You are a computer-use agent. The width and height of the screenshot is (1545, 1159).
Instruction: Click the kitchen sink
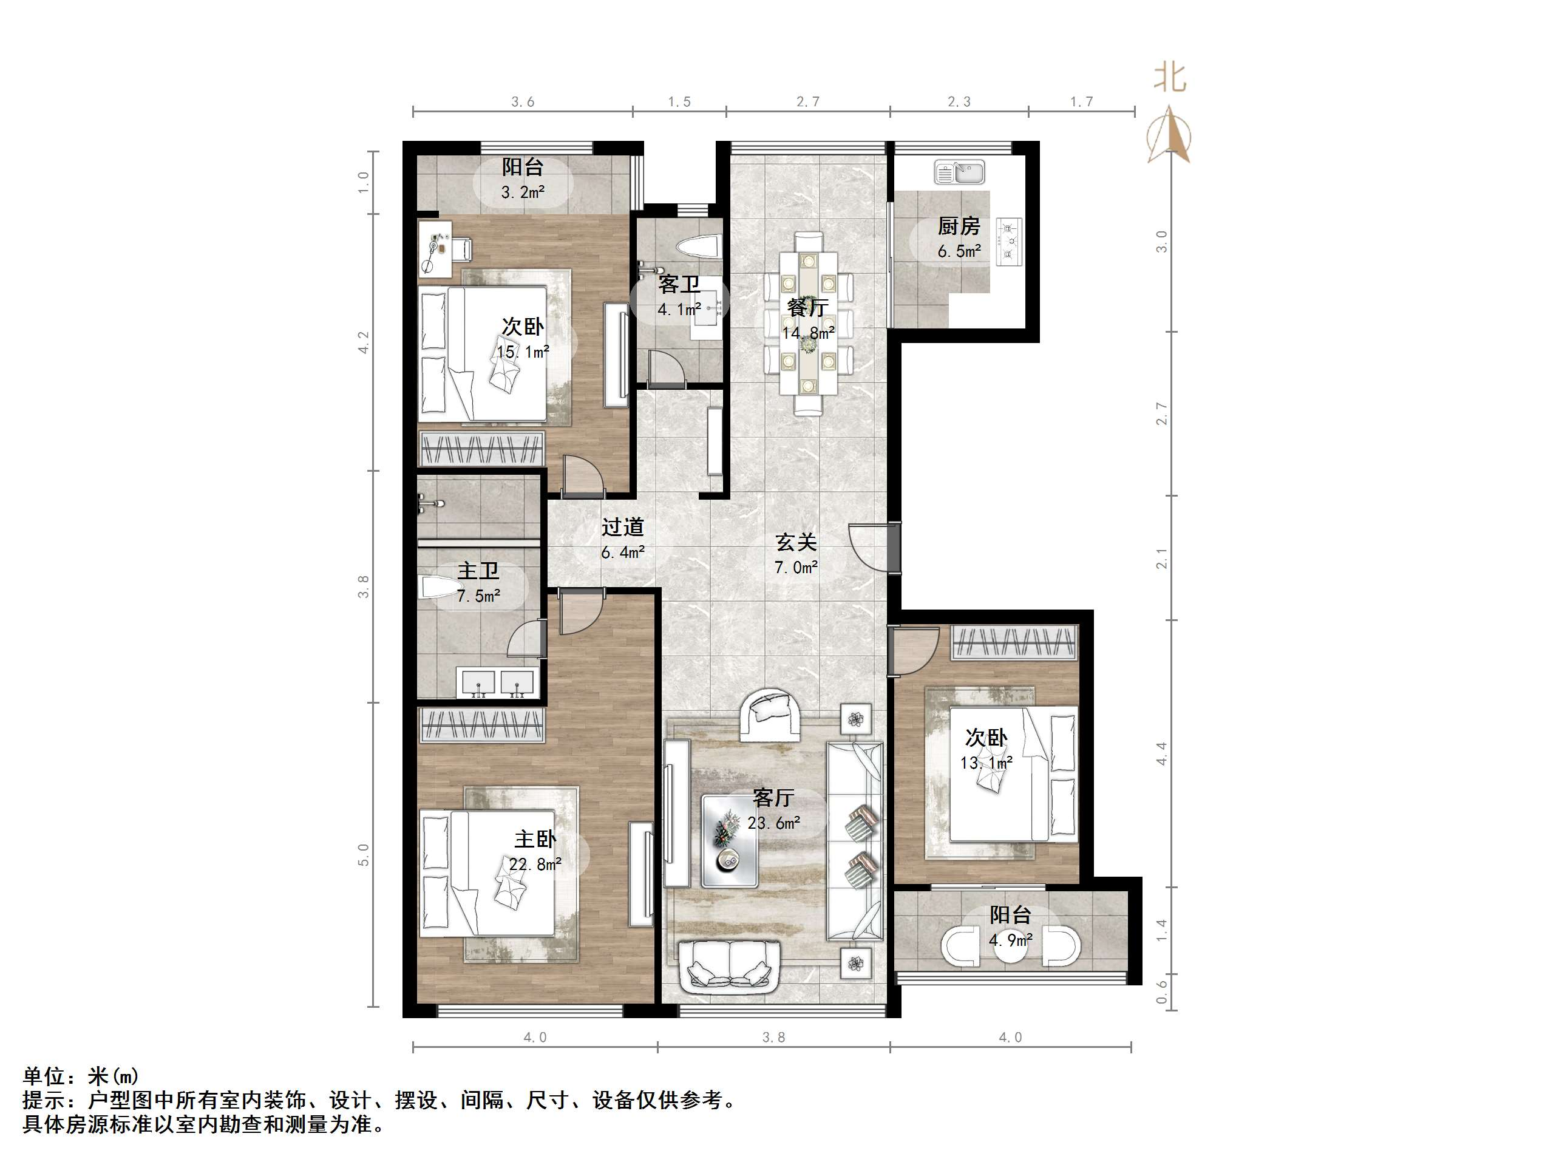(x=960, y=171)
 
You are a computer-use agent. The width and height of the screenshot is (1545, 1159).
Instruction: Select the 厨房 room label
(x=959, y=226)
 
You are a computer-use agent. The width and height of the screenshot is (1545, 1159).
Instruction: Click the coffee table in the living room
(x=730, y=841)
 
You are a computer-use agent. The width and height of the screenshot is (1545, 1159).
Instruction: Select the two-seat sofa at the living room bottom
(x=729, y=965)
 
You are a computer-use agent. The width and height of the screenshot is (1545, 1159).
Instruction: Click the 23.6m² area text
(x=774, y=823)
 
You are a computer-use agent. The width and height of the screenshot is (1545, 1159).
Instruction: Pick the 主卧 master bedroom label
(x=535, y=838)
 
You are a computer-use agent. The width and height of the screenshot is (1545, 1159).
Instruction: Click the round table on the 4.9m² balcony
(x=1011, y=947)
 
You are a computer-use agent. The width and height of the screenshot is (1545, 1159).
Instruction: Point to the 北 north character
(x=1169, y=78)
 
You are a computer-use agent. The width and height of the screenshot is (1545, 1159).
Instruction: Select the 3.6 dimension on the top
(x=523, y=102)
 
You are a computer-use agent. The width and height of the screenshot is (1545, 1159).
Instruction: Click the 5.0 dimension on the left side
(x=362, y=855)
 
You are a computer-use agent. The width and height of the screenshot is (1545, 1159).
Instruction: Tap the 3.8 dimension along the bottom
(x=773, y=1038)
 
